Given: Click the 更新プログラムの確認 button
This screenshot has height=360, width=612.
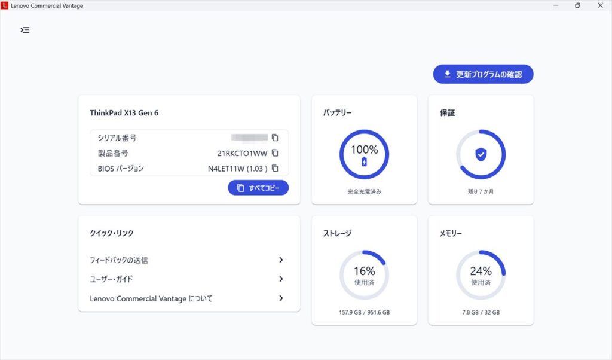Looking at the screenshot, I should (x=483, y=74).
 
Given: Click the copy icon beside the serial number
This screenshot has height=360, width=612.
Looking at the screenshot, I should (x=275, y=138).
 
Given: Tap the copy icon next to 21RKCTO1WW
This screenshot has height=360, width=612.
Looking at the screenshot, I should (x=275, y=153).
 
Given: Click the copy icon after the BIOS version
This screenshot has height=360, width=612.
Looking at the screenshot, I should (x=275, y=169).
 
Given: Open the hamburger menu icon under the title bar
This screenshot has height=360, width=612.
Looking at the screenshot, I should (x=25, y=30).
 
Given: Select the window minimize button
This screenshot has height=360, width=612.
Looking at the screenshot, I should (x=555, y=5).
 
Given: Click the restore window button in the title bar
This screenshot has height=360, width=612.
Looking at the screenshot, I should (x=577, y=5).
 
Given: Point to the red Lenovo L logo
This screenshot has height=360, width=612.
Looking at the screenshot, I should (x=5, y=5).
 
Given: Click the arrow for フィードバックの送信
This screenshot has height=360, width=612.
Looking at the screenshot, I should (x=281, y=260).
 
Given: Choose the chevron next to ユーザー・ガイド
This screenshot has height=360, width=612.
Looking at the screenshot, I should (x=281, y=279).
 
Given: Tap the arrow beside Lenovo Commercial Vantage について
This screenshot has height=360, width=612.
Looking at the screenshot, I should (x=281, y=298).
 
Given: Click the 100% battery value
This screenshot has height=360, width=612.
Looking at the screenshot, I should (x=364, y=150).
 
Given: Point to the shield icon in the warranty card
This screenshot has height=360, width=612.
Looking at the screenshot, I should (x=481, y=154).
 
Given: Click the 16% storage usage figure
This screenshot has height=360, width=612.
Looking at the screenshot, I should (x=364, y=271).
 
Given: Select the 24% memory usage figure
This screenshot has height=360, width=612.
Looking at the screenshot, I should (x=481, y=271).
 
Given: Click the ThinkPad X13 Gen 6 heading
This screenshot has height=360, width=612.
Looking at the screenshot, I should (x=124, y=112).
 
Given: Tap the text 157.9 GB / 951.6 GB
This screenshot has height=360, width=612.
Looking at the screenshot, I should (x=364, y=312).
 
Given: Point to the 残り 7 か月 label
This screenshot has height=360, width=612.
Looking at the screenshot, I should (x=481, y=192).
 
